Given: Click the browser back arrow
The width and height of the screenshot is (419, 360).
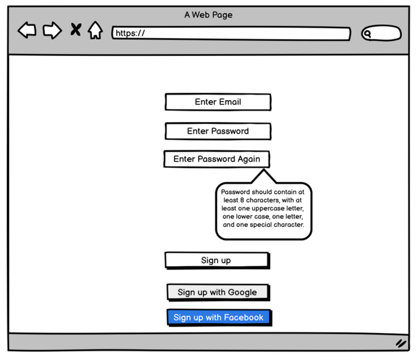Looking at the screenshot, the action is pyautogui.click(x=27, y=30).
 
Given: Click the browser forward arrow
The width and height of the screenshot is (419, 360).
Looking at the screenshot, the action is pyautogui.click(x=52, y=30).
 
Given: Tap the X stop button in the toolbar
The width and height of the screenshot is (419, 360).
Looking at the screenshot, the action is pyautogui.click(x=76, y=29).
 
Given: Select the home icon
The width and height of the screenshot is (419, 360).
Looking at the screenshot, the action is pyautogui.click(x=95, y=30).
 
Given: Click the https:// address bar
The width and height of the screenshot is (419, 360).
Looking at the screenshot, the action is pyautogui.click(x=231, y=33).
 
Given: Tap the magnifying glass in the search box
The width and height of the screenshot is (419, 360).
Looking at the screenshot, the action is pyautogui.click(x=368, y=34).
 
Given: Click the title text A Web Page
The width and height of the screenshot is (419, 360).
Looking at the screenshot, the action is pyautogui.click(x=209, y=15).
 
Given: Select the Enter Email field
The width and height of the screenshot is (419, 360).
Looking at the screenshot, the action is pyautogui.click(x=218, y=102).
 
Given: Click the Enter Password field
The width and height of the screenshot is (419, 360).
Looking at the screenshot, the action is pyautogui.click(x=218, y=131).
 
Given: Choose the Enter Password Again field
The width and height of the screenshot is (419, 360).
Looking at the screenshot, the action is pyautogui.click(x=217, y=159).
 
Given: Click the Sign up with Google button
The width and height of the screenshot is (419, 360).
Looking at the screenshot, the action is pyautogui.click(x=218, y=293).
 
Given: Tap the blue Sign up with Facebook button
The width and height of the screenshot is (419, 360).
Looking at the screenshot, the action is pyautogui.click(x=219, y=317).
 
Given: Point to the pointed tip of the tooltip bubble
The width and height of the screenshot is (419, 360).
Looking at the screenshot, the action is pyautogui.click(x=264, y=169).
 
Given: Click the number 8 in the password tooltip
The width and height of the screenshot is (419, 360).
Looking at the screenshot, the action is pyautogui.click(x=242, y=200).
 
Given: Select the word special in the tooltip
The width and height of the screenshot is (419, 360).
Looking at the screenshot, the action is pyautogui.click(x=261, y=225).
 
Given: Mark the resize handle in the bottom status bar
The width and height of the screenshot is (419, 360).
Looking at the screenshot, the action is pyautogui.click(x=401, y=343).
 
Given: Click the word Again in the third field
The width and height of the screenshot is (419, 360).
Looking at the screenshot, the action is pyautogui.click(x=249, y=160).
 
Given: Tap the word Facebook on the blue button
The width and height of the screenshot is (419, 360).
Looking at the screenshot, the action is pyautogui.click(x=244, y=317).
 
